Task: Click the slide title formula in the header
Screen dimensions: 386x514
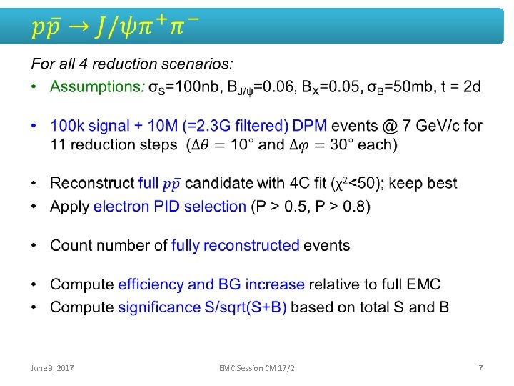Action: [114, 27]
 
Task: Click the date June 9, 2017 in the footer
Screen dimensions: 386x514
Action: [53, 368]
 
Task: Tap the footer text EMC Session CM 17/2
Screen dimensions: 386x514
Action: [257, 368]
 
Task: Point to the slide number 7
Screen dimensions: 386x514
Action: [480, 368]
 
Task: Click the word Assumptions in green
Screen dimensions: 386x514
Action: [96, 86]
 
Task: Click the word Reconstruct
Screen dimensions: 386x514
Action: [92, 183]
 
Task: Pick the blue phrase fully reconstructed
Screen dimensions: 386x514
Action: [235, 246]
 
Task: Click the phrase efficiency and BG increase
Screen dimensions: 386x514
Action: [211, 284]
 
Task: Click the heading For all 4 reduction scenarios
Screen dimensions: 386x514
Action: [132, 64]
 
